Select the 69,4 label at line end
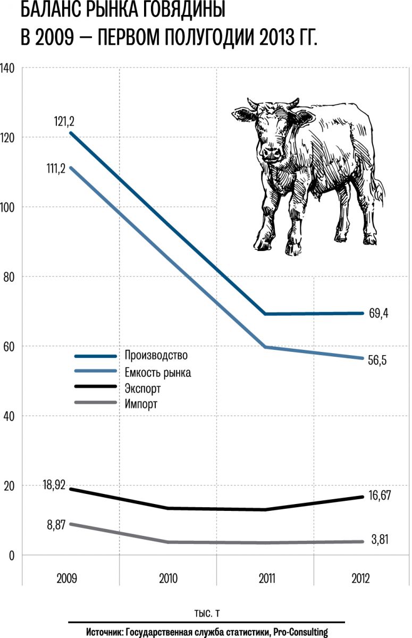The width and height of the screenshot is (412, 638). pyautogui.click(x=379, y=313)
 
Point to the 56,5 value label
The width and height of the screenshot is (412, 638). pyautogui.click(x=377, y=360)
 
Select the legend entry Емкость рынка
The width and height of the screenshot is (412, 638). pyautogui.click(x=158, y=372)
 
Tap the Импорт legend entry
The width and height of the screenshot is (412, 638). pyautogui.click(x=141, y=405)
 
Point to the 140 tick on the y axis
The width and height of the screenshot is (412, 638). pyautogui.click(x=9, y=68)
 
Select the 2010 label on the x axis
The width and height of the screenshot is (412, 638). pyautogui.click(x=169, y=578)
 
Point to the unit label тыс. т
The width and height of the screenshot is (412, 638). pyautogui.click(x=206, y=613)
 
